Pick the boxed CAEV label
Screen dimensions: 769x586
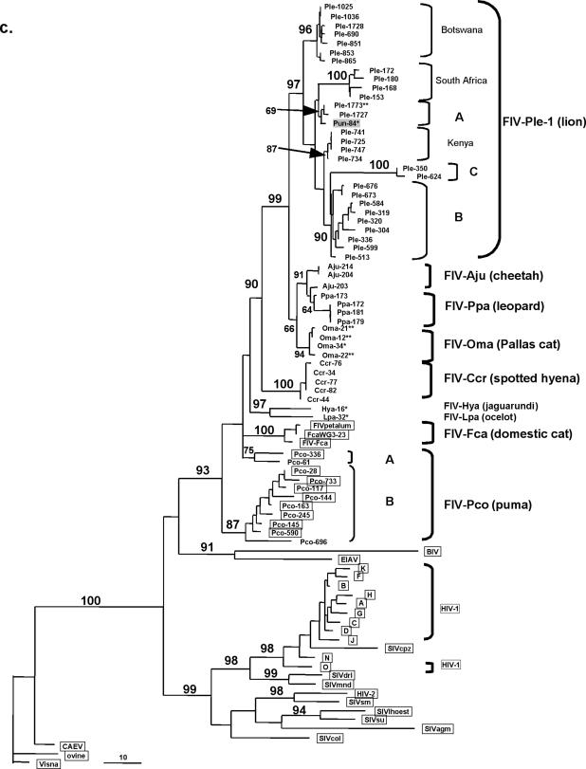click(x=75, y=746)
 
